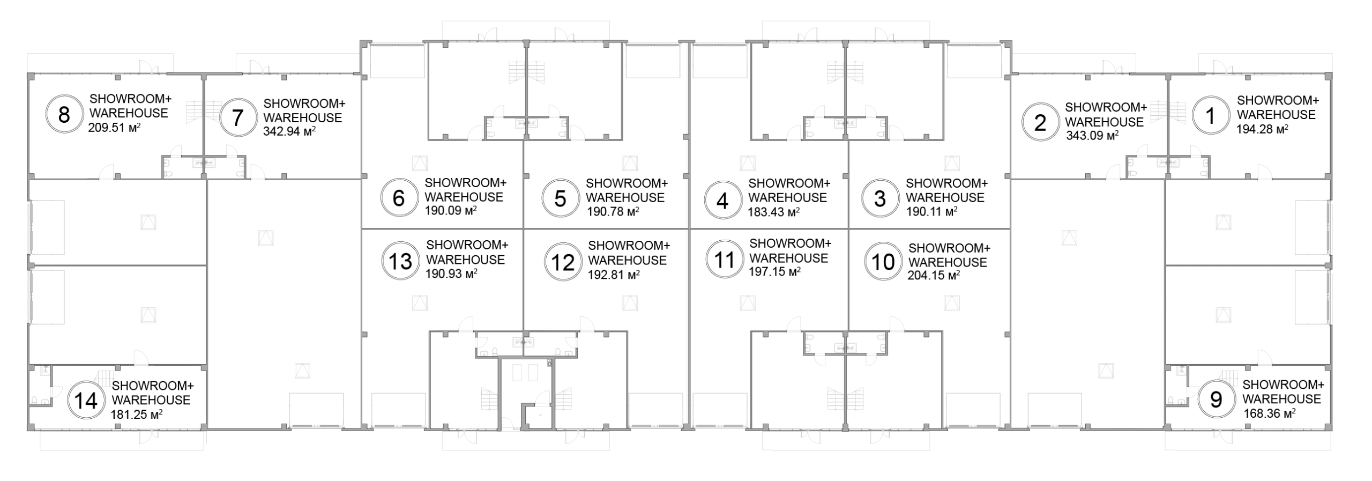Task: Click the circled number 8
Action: click(64, 115)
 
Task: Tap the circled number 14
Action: click(86, 401)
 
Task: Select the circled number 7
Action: click(238, 117)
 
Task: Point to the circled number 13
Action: click(400, 262)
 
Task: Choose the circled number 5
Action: click(560, 199)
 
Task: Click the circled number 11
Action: click(725, 260)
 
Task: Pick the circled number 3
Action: click(880, 199)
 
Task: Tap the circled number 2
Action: click(1040, 123)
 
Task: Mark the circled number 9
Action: click(1216, 399)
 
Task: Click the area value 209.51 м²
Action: click(114, 128)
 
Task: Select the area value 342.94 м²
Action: click(289, 131)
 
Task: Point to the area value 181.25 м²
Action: click(137, 414)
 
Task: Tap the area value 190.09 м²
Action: click(451, 211)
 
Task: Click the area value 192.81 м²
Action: click(614, 275)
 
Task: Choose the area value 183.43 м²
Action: click(774, 212)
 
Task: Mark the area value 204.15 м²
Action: click(934, 276)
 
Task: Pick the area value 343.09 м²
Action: click(1092, 136)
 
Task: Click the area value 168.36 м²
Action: click(1270, 413)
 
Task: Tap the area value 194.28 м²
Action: click(1263, 129)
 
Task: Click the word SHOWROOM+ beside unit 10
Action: click(949, 248)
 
